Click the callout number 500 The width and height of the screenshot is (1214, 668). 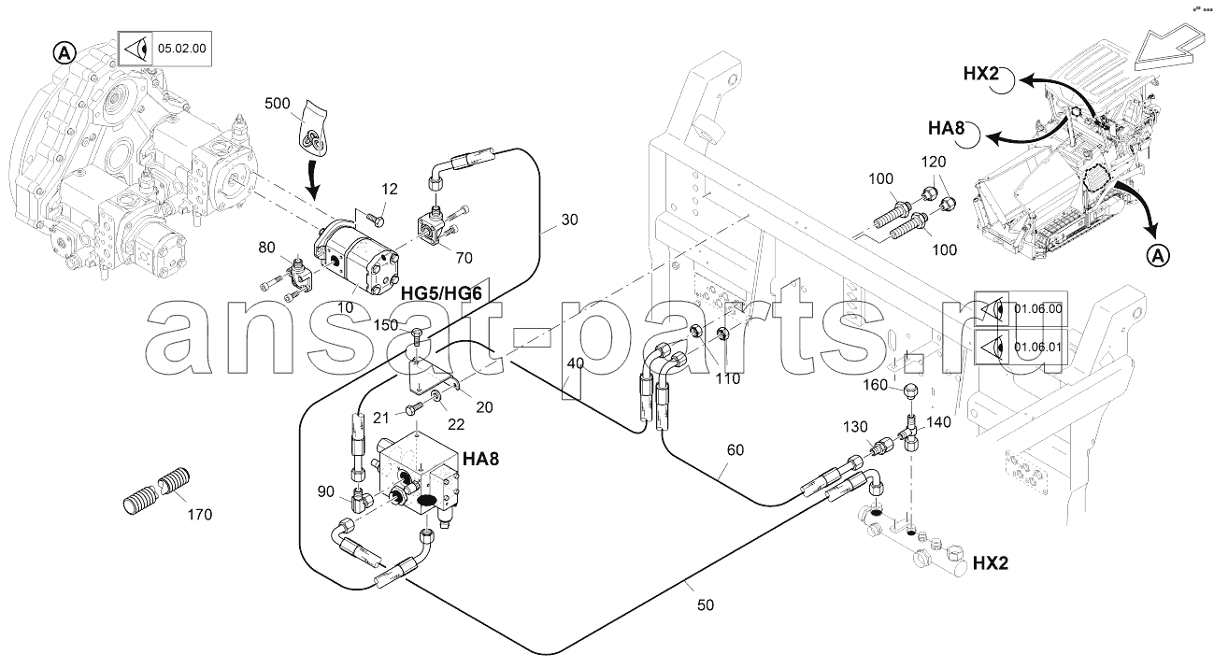click(279, 102)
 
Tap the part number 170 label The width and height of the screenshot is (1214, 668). click(199, 514)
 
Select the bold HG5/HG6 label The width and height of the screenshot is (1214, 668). click(441, 293)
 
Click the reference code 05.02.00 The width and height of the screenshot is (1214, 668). click(182, 48)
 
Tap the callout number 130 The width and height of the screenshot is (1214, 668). click(854, 425)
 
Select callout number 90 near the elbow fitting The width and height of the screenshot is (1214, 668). click(325, 491)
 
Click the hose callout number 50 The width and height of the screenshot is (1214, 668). click(705, 605)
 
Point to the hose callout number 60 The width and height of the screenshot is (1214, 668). click(735, 449)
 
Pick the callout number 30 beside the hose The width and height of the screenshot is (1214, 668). click(570, 220)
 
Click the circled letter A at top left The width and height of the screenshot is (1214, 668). click(64, 53)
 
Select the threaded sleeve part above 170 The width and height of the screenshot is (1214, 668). click(156, 491)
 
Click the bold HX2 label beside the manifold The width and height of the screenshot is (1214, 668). click(991, 563)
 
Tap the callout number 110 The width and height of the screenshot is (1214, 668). click(726, 378)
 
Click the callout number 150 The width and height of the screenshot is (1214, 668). click(386, 324)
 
